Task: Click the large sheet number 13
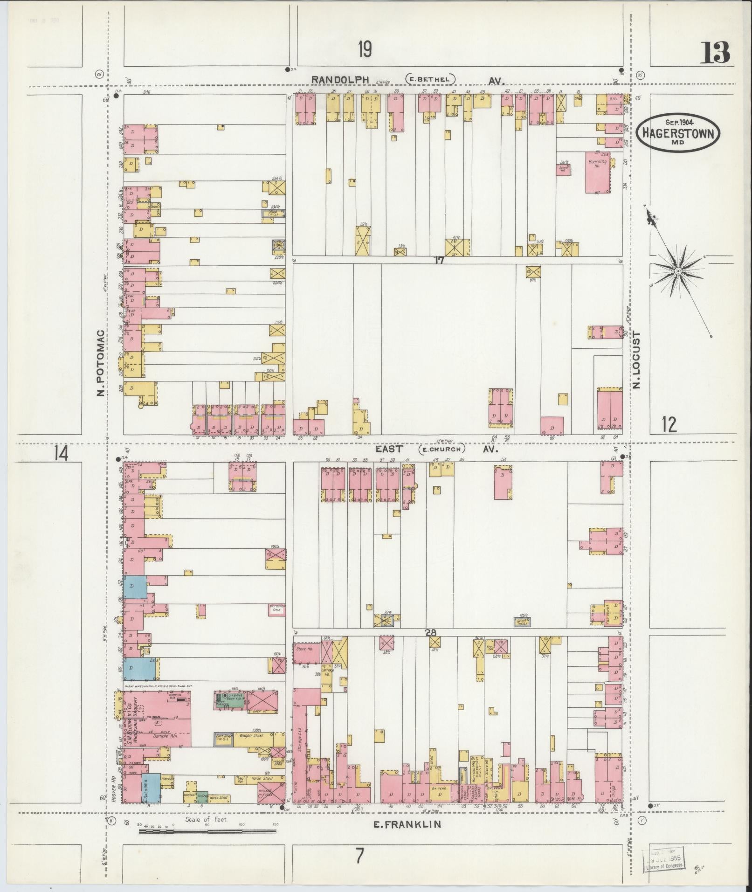pyautogui.click(x=714, y=53)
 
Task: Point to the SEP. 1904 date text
pyautogui.click(x=678, y=121)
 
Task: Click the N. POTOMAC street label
pyautogui.click(x=100, y=362)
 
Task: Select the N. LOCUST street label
pyautogui.click(x=638, y=360)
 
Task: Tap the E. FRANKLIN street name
pyautogui.click(x=407, y=824)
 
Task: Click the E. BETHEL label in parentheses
pyautogui.click(x=430, y=79)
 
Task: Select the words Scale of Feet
pyautogui.click(x=207, y=818)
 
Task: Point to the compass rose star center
pyautogui.click(x=679, y=271)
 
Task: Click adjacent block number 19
pyautogui.click(x=365, y=49)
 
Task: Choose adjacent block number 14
pyautogui.click(x=61, y=453)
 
